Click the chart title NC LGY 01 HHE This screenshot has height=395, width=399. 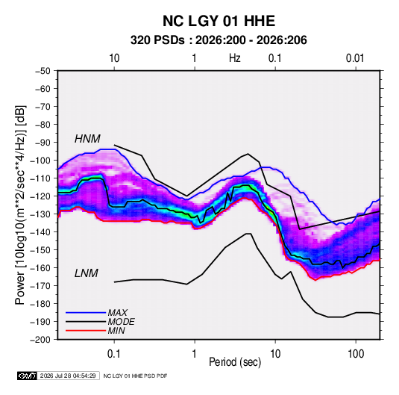tap(219, 21)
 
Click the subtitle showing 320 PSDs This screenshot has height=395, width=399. tap(219, 40)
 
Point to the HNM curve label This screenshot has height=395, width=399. tap(87, 139)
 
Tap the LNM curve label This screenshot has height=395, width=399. tap(86, 273)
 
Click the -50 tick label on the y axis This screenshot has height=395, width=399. tap(43, 71)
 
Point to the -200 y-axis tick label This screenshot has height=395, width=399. tap(40, 340)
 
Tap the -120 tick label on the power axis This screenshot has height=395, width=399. tap(40, 196)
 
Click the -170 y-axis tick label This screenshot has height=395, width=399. tap(40, 286)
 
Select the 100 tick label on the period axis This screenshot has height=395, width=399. tap(356, 354)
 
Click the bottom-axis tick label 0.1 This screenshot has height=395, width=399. tap(114, 354)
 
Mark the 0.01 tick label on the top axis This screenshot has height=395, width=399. tap(355, 58)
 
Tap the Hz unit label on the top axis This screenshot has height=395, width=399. tap(235, 58)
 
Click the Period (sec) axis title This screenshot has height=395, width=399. tap(235, 362)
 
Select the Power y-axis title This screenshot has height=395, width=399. tap(20, 205)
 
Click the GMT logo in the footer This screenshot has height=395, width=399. tap(27, 376)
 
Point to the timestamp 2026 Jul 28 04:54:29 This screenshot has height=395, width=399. tap(68, 376)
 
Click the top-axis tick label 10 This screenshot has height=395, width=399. tap(114, 58)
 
